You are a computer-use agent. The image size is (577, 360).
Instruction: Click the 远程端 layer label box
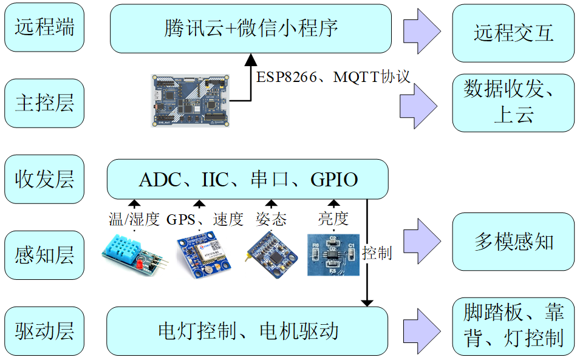pos(44,28)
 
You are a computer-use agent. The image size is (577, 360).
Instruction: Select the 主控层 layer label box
pos(44,103)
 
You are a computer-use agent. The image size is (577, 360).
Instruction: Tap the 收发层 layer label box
pos(44,179)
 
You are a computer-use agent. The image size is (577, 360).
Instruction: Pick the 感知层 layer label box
pos(44,255)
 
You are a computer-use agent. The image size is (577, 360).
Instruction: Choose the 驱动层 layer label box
pos(44,331)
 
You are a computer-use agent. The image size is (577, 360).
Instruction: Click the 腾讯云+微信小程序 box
pos(250,29)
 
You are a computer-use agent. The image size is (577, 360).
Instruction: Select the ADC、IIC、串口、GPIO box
pos(247,179)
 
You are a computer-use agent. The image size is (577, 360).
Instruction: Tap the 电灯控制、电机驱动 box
pos(247,331)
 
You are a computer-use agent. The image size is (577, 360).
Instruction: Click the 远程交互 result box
pos(513,34)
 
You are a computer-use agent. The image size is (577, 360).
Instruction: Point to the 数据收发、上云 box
pos(513,103)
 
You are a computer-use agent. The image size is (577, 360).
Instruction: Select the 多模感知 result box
pos(513,242)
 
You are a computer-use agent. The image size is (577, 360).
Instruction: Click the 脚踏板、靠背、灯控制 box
pos(513,327)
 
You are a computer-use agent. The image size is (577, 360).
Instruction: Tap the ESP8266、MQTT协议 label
pos(333,77)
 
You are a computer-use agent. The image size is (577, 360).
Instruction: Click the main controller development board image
pos(190,100)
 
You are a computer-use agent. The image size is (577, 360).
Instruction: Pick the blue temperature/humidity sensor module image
pos(135,255)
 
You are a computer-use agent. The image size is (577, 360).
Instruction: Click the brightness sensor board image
pos(333,254)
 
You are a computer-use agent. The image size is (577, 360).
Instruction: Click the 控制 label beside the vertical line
pos(377,253)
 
